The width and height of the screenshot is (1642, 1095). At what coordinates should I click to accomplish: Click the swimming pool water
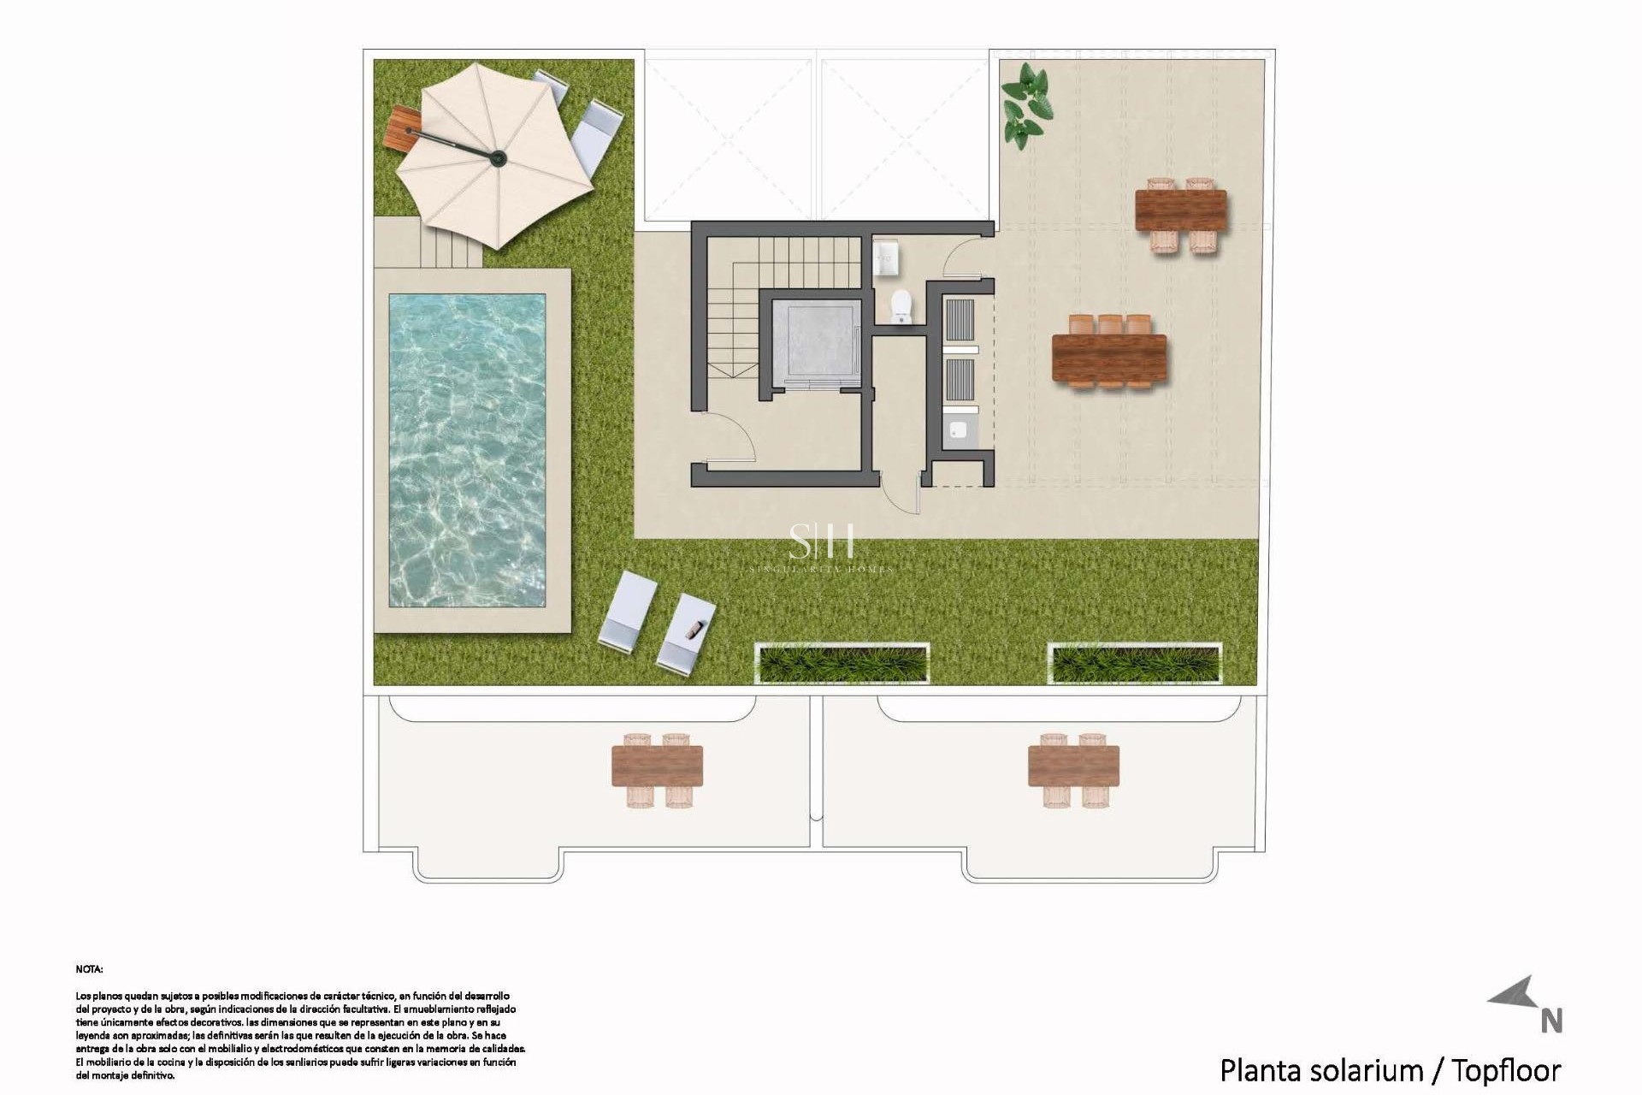(467, 450)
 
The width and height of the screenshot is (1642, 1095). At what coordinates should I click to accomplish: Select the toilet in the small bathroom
(901, 306)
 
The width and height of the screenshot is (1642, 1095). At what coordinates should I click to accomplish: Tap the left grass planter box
(842, 664)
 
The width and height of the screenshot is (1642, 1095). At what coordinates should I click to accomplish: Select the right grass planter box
(1135, 664)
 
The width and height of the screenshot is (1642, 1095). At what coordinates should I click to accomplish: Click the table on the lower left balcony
(657, 766)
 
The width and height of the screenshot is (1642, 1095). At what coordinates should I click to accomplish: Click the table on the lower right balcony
(1073, 766)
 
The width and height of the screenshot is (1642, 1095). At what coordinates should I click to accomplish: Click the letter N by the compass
(1551, 1021)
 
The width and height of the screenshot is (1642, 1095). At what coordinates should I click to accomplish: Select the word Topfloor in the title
(1506, 1070)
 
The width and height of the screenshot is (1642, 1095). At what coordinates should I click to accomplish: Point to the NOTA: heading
(89, 969)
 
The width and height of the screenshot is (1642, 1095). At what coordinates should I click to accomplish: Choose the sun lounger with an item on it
(686, 633)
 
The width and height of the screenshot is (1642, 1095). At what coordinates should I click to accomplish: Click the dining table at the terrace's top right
(1180, 210)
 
